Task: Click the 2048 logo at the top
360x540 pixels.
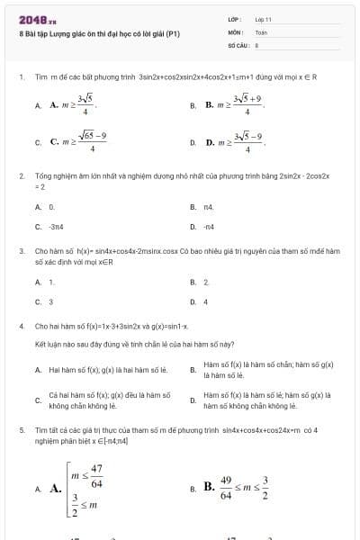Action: [x=37, y=19]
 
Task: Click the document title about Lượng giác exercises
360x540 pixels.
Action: [x=100, y=33]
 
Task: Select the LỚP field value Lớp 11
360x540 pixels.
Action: [x=264, y=19]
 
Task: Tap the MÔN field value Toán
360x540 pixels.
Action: [x=261, y=31]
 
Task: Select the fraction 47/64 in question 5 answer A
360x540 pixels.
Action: [x=95, y=474]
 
